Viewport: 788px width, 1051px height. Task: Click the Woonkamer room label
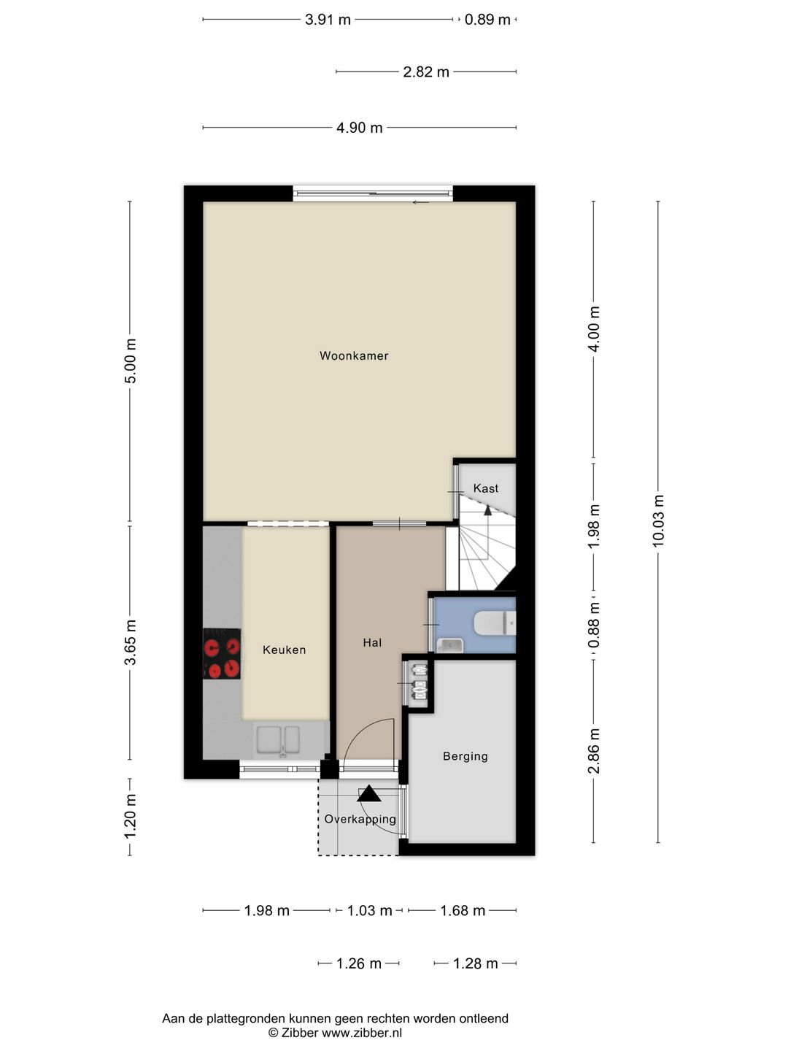(354, 355)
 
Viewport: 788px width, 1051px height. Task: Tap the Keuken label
(285, 650)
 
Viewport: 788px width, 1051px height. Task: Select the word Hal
(372, 642)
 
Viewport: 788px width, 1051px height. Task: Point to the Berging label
(465, 757)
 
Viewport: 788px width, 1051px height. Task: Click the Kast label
(486, 488)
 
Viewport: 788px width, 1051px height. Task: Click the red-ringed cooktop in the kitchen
(222, 653)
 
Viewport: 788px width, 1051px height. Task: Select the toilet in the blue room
(495, 623)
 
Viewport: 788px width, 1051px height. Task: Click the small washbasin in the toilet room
(449, 646)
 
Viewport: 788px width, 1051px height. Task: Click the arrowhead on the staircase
(487, 510)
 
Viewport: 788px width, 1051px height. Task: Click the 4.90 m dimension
(359, 128)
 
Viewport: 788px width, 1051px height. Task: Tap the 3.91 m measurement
(328, 20)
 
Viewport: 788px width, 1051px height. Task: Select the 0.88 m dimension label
(594, 625)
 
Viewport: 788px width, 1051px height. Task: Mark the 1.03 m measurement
(369, 910)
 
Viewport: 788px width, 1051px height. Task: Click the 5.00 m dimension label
(130, 361)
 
